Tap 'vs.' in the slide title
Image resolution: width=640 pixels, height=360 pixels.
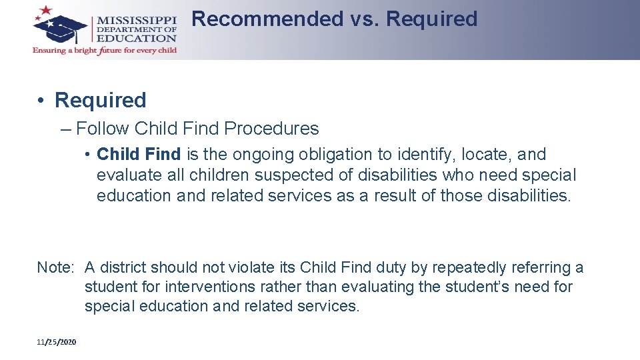tap(363, 19)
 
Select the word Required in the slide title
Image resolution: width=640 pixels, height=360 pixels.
tap(431, 19)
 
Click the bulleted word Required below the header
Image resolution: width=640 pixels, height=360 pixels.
tap(100, 101)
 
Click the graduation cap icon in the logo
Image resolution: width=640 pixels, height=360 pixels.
tap(64, 29)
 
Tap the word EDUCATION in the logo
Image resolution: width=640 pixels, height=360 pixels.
tap(137, 39)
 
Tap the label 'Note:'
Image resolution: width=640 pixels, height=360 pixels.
tap(55, 268)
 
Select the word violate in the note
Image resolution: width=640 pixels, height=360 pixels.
tap(251, 268)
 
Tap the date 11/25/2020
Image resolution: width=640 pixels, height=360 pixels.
tap(57, 342)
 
